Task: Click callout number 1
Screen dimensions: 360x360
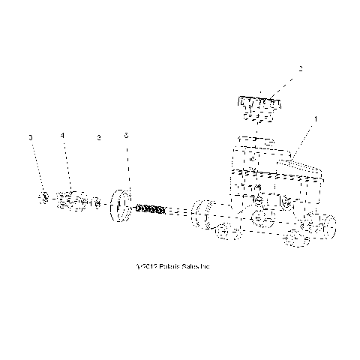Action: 316,118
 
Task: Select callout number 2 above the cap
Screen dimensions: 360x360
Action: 300,69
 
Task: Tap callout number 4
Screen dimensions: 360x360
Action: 63,136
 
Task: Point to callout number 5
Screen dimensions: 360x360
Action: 127,136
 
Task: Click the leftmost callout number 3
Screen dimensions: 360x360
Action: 31,138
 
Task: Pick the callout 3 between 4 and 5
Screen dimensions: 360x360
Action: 99,138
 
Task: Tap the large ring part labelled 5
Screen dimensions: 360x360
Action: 119,206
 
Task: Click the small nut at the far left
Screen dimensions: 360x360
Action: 44,198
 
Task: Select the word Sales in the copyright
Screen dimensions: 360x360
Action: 188,265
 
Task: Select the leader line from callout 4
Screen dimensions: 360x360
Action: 65,165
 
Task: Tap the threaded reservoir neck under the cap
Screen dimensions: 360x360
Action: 256,141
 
